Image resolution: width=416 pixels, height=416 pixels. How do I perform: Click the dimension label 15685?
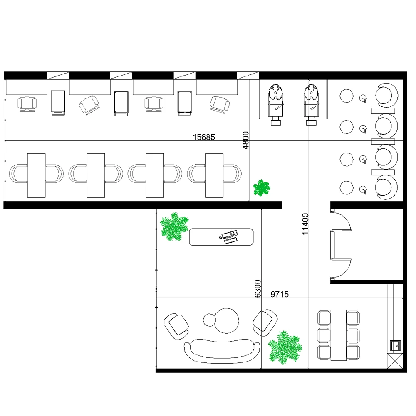pyautogui.click(x=204, y=137)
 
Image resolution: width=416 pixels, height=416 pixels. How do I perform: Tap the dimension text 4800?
pyautogui.click(x=245, y=140)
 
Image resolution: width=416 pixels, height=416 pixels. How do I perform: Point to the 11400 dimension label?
pyautogui.click(x=306, y=224)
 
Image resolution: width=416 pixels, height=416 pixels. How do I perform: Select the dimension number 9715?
pyautogui.click(x=280, y=295)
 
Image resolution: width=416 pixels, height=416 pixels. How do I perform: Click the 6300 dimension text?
pyautogui.click(x=258, y=288)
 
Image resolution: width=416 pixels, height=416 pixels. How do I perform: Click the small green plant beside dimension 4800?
pyautogui.click(x=261, y=188)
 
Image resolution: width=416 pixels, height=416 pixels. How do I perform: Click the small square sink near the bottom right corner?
pyautogui.click(x=395, y=345)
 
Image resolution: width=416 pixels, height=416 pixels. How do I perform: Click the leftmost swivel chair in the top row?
pyautogui.click(x=27, y=103)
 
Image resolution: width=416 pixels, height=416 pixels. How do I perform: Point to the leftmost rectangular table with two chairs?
pyautogui.click(x=36, y=175)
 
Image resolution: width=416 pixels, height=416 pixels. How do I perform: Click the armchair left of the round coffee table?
pyautogui.click(x=177, y=325)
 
